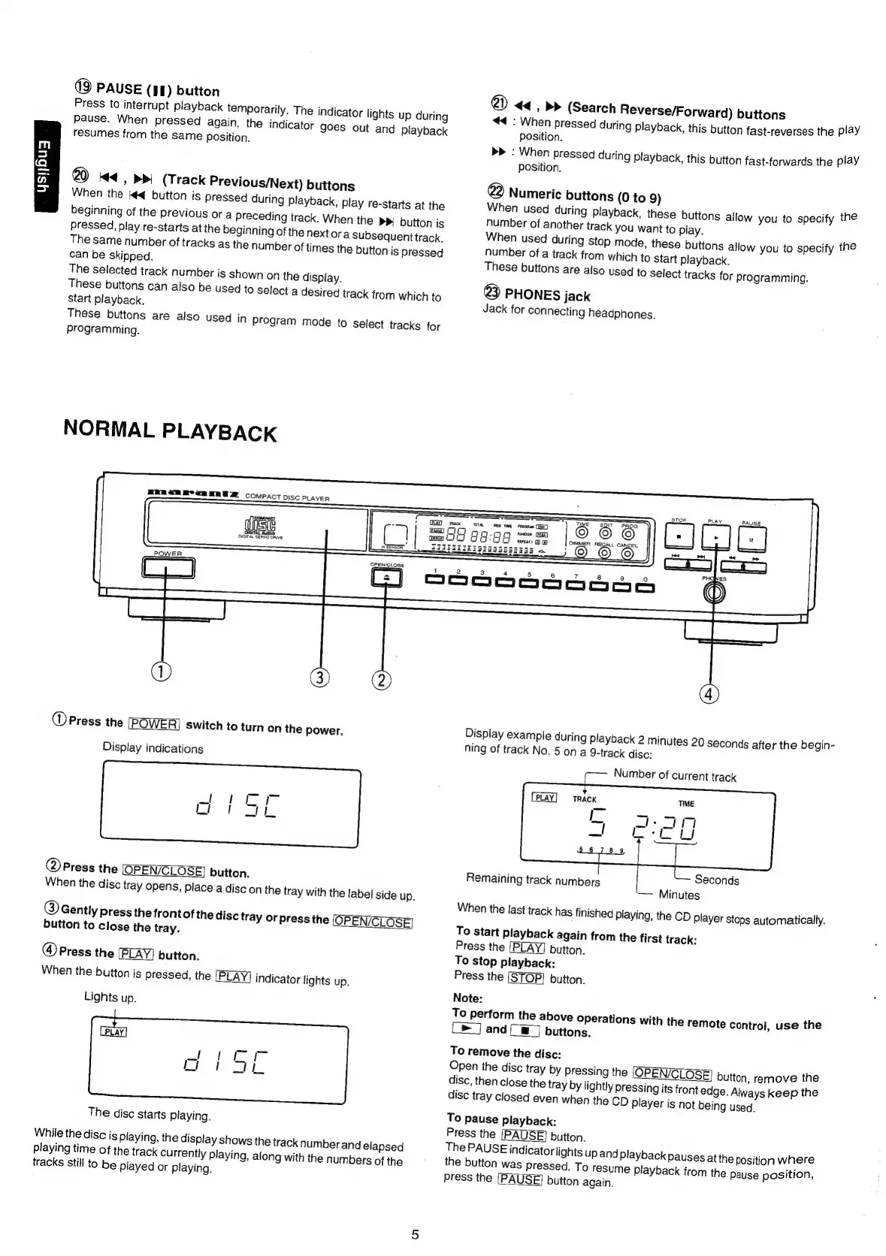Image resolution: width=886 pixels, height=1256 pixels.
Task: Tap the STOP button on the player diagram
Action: tap(679, 537)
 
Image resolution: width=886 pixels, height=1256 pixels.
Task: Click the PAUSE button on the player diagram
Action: tap(751, 539)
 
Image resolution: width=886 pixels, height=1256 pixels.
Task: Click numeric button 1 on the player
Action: tap(435, 587)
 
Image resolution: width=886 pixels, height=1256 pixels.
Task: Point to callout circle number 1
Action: tap(163, 672)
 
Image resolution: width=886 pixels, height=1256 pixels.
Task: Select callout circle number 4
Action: tap(709, 694)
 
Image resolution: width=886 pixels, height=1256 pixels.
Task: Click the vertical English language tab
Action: tap(44, 166)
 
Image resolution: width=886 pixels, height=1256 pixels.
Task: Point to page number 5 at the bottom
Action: tap(415, 1233)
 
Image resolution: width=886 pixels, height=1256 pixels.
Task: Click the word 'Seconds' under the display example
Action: tap(716, 880)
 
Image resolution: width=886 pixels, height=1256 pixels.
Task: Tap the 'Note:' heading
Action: tap(467, 998)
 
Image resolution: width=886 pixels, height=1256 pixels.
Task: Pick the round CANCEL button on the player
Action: tap(627, 554)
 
